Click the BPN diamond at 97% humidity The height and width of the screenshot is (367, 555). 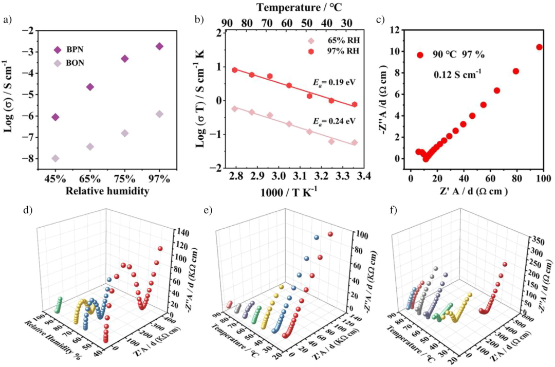click(x=159, y=46)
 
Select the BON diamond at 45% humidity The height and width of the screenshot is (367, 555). click(x=55, y=158)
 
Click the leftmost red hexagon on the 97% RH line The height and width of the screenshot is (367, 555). click(x=234, y=70)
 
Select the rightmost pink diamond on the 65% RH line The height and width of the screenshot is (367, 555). click(x=354, y=142)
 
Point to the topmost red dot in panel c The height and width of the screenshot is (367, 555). click(x=539, y=47)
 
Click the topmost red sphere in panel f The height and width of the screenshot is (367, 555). click(x=505, y=264)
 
